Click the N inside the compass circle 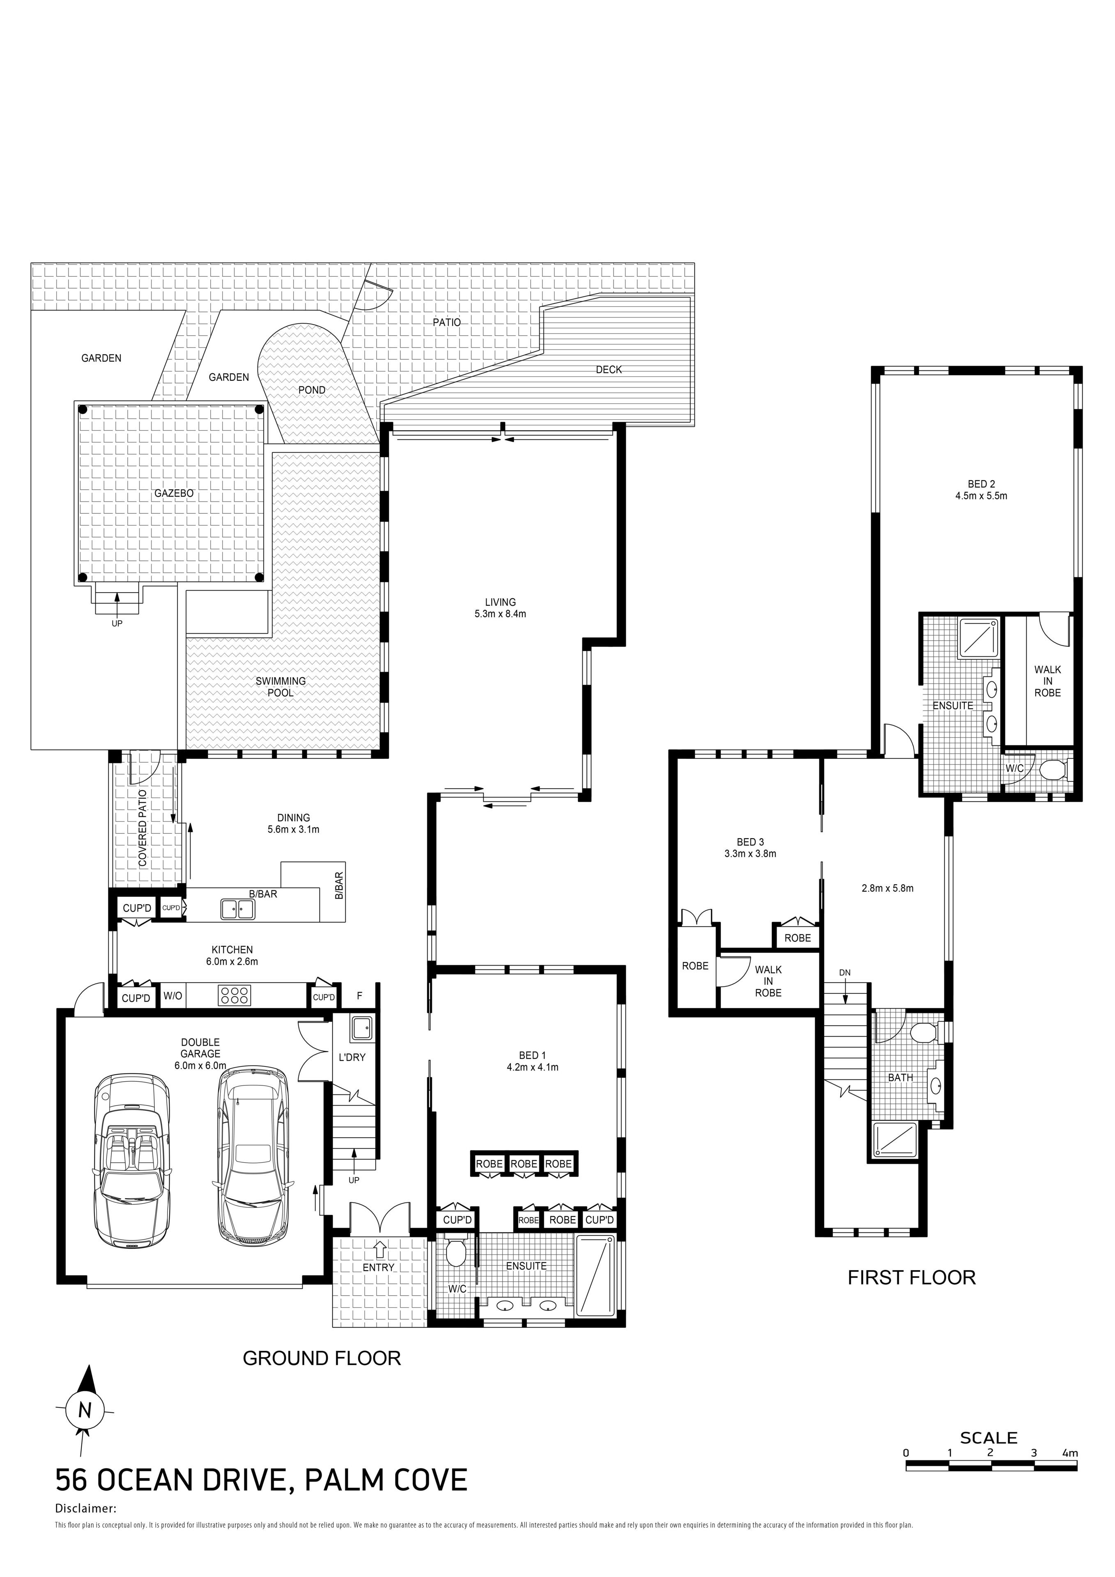tap(85, 1410)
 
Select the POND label tap(312, 390)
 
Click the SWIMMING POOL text tap(280, 687)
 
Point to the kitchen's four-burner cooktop tap(235, 995)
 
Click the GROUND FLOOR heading tap(322, 1358)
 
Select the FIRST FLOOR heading tap(912, 1278)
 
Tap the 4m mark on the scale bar tap(1070, 1453)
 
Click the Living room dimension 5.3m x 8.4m tap(500, 614)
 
